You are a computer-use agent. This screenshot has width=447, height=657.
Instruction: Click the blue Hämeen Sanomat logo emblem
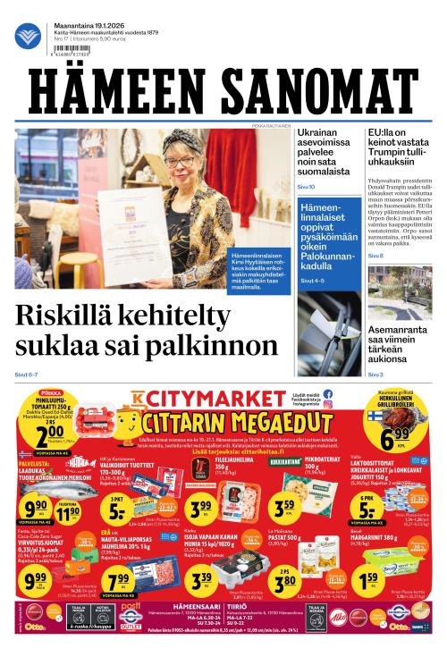click(28, 36)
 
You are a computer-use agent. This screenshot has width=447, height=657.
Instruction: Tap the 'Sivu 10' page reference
click(306, 187)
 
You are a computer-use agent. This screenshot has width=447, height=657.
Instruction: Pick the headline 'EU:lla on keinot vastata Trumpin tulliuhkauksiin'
click(401, 146)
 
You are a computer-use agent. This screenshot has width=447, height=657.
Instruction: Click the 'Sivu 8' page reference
click(375, 257)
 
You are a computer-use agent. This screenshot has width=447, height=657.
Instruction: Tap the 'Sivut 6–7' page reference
click(26, 374)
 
